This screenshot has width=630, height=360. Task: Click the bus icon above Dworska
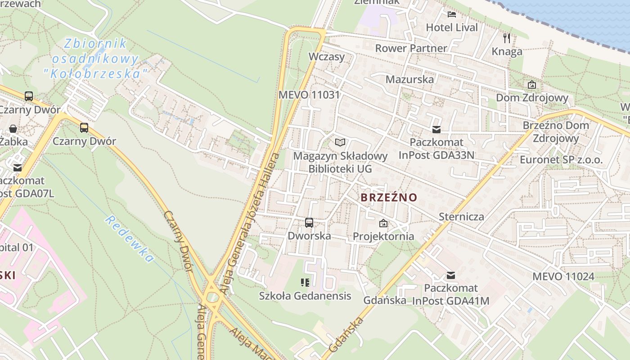click(x=309, y=222)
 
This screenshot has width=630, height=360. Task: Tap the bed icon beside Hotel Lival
click(x=452, y=14)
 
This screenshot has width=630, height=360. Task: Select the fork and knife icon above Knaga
click(x=507, y=38)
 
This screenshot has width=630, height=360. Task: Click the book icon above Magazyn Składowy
click(x=340, y=143)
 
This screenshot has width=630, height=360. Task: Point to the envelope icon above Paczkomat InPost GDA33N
click(x=436, y=130)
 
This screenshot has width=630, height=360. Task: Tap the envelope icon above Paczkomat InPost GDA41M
click(x=450, y=275)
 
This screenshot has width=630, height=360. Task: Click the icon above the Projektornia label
click(x=383, y=223)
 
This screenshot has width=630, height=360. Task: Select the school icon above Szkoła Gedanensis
click(x=305, y=283)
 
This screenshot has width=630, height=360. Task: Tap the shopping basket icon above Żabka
click(x=13, y=129)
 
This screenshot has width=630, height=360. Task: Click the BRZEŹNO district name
click(x=389, y=198)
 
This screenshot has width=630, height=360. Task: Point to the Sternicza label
click(x=461, y=216)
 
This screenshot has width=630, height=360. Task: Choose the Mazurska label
click(x=410, y=79)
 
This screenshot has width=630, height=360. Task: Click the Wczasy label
click(x=327, y=57)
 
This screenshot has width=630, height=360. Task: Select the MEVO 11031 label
click(x=309, y=95)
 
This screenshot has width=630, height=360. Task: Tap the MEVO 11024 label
click(x=563, y=276)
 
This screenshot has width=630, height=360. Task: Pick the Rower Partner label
click(x=411, y=48)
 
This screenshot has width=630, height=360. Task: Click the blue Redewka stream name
click(x=130, y=239)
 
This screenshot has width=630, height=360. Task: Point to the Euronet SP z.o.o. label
click(x=561, y=160)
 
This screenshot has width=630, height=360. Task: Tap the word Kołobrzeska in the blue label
click(x=96, y=73)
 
